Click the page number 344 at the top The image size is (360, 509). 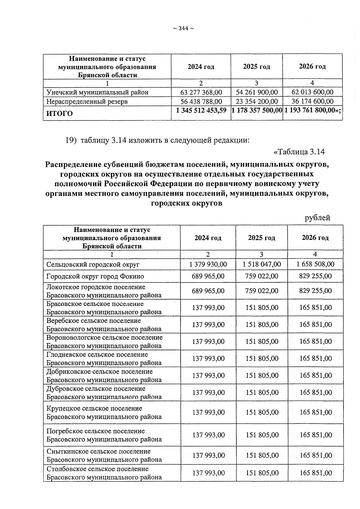pos(183,29)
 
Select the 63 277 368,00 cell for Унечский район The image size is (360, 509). pos(201,92)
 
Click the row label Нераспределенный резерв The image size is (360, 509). pos(87,101)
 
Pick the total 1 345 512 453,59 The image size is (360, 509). pos(201,110)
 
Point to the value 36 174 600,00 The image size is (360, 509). pos(312,101)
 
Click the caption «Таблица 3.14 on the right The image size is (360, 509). pos(299,152)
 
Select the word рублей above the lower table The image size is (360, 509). pos(317,218)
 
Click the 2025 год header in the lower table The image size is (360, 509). pos(261,238)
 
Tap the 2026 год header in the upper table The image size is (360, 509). pos(312,66)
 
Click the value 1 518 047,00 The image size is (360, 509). pos(262,264)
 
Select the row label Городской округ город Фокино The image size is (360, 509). pos(95,276)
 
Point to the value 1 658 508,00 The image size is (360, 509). pos(315,264)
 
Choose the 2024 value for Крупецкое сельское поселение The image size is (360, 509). pos(208,412)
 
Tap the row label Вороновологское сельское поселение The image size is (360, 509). pos(104,342)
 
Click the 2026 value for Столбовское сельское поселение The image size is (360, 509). pos(316,473)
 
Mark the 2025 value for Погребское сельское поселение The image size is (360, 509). pos(262,435)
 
